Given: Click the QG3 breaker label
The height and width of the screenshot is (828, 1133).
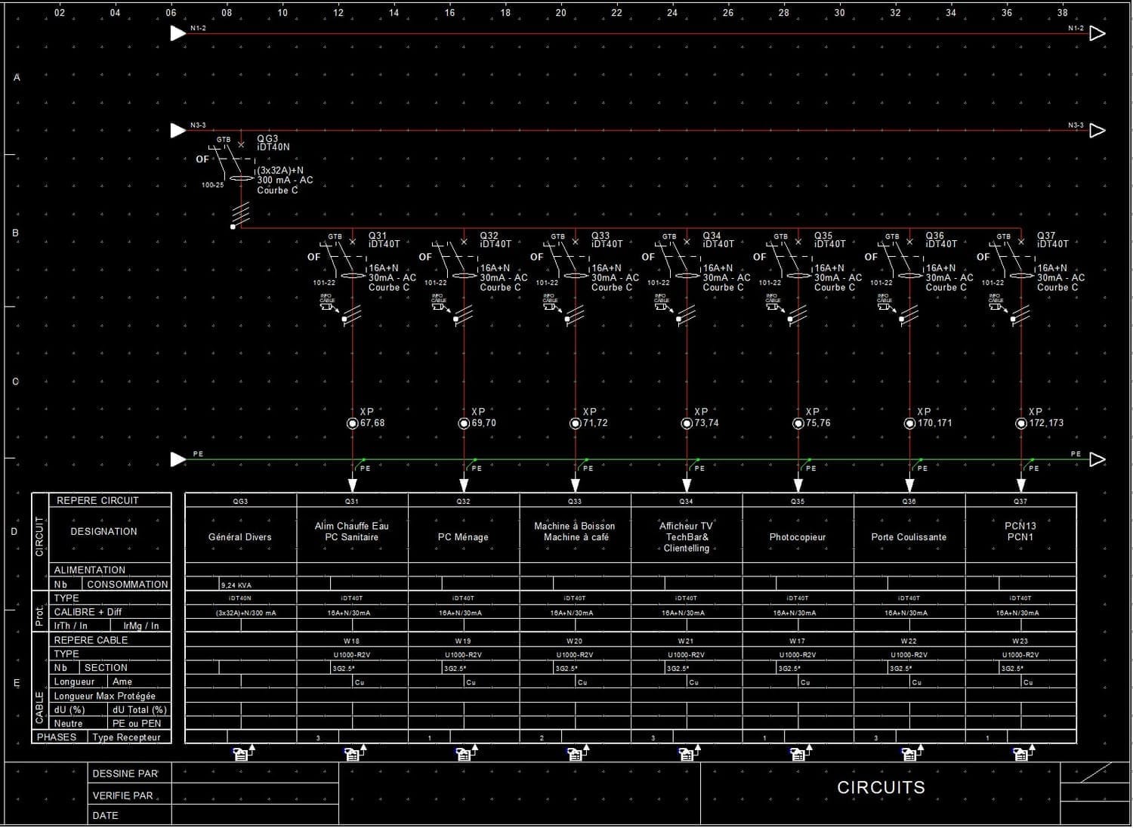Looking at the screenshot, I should click(267, 139).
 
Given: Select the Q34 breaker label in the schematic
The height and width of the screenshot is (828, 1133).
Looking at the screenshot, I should click(712, 236).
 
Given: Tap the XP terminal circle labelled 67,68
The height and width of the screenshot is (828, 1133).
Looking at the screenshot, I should click(352, 423).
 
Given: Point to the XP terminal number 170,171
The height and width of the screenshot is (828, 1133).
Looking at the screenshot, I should click(935, 423).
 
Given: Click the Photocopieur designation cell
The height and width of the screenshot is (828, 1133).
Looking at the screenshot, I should click(798, 537).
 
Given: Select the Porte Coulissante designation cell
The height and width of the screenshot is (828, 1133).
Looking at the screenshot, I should click(909, 537).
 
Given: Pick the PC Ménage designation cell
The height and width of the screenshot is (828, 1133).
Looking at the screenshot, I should click(463, 537).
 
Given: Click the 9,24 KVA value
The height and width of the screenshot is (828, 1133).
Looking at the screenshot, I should click(236, 585).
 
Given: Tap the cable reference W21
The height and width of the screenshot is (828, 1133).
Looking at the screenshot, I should click(686, 641).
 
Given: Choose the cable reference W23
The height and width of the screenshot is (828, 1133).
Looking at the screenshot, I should click(1020, 641).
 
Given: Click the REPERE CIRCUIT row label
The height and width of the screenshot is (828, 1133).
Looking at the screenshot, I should click(97, 500).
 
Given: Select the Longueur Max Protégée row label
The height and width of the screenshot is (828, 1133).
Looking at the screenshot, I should click(104, 696).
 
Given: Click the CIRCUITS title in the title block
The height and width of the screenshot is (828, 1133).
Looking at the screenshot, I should click(881, 787).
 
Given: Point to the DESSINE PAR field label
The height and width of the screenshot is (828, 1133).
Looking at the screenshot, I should click(125, 774).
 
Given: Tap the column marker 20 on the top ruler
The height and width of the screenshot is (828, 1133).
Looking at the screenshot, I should click(561, 13).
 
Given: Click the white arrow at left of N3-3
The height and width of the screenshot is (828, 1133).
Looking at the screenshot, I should click(178, 130).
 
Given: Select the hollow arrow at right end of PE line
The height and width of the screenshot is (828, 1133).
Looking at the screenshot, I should click(1097, 459).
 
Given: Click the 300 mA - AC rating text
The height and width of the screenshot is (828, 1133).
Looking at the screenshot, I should click(285, 180).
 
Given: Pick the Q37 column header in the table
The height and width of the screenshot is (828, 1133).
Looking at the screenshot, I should click(1020, 501).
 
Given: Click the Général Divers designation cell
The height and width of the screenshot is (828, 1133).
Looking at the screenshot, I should click(239, 537).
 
